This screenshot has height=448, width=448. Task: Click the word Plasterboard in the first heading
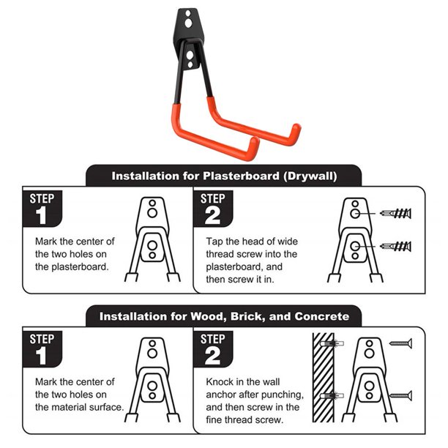[x=241, y=176]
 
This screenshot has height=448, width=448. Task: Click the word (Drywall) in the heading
[x=310, y=176]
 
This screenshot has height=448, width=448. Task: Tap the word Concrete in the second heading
[x=322, y=316]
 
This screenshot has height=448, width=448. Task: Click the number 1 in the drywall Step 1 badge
[x=42, y=216]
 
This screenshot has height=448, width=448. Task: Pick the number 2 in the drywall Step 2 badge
[x=212, y=216]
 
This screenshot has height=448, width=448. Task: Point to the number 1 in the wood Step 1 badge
[x=42, y=356]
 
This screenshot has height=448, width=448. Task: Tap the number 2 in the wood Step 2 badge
[x=212, y=356]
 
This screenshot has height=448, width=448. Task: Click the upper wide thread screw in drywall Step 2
[x=396, y=213]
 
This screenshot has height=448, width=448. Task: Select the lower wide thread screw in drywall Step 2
[x=396, y=246]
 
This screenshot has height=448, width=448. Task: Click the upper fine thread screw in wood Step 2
[x=401, y=344]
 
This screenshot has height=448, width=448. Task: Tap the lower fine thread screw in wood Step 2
[x=401, y=396]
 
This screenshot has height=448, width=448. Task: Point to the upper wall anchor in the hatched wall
[x=332, y=343]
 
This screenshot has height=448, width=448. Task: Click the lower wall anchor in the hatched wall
[x=332, y=396]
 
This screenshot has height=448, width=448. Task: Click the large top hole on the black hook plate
[x=188, y=23]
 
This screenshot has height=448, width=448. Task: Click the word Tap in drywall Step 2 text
[x=214, y=242]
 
